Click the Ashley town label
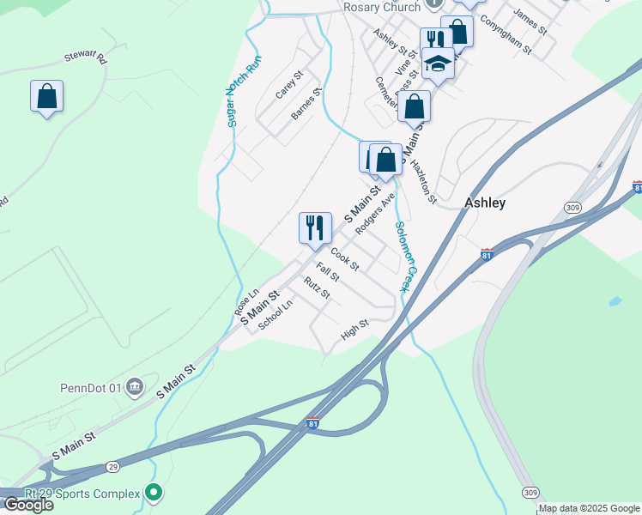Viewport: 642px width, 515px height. coord(484,203)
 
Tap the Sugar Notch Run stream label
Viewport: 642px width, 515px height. coord(245,92)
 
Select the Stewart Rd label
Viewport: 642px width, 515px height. coord(84,58)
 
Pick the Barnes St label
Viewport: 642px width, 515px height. coord(306,102)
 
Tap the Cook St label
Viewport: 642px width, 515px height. coord(344,257)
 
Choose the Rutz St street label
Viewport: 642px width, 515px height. coord(317,288)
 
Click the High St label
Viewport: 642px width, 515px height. coord(354,329)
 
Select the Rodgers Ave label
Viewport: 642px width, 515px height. coord(374,211)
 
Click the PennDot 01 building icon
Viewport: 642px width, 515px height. coord(134,387)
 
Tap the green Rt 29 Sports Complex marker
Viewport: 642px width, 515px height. coord(154,493)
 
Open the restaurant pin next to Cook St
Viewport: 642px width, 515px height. coord(315,227)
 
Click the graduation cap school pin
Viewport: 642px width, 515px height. coord(438,64)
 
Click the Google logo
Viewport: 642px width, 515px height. coord(27,505)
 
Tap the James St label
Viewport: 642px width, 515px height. coord(530,22)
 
